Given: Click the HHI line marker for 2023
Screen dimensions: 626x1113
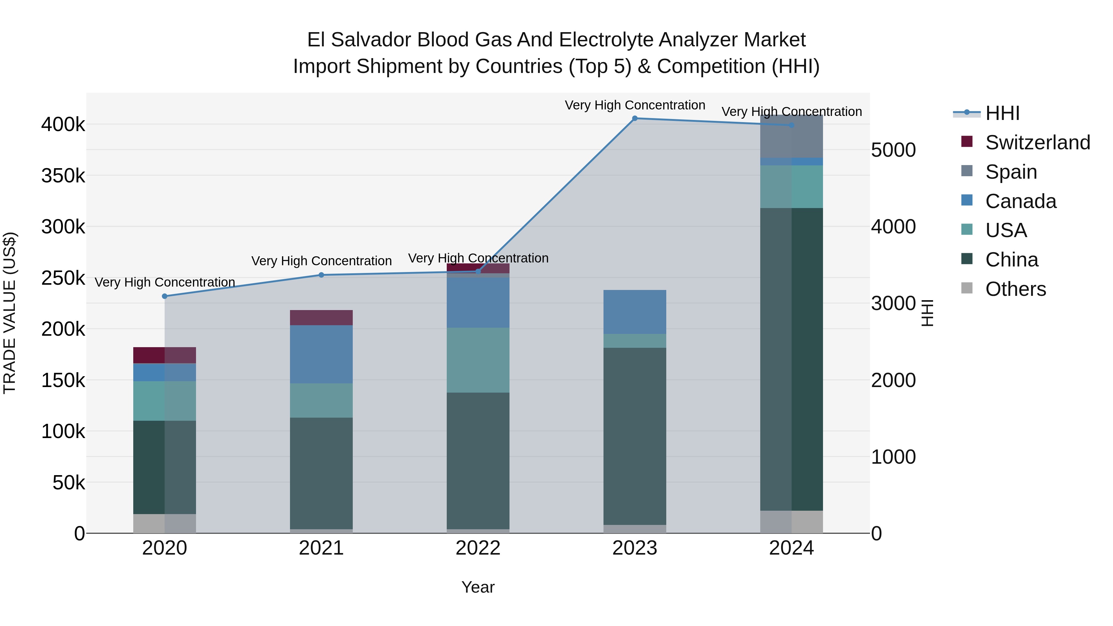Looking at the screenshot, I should (x=635, y=118).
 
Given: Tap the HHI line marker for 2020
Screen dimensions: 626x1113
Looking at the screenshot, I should (x=164, y=296).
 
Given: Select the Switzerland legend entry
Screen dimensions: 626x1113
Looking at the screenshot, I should (x=1037, y=143).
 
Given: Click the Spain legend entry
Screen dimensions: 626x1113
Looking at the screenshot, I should (x=1011, y=172).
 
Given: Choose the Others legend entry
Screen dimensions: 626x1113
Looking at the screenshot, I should (x=1015, y=289).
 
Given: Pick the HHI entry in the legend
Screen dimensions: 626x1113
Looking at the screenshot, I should (x=1002, y=113).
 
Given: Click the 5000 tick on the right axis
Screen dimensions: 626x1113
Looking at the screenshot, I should (x=893, y=150).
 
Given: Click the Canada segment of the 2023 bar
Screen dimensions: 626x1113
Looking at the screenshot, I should (x=635, y=312).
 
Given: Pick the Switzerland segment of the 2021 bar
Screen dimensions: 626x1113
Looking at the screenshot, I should (x=321, y=317).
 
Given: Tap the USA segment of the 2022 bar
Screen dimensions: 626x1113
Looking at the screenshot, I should (x=478, y=360).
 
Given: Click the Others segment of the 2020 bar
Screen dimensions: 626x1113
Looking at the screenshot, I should (x=164, y=524).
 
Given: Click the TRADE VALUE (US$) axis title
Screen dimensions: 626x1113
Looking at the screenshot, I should (x=10, y=313).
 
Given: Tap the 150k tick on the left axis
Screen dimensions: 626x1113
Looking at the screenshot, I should (x=63, y=381).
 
